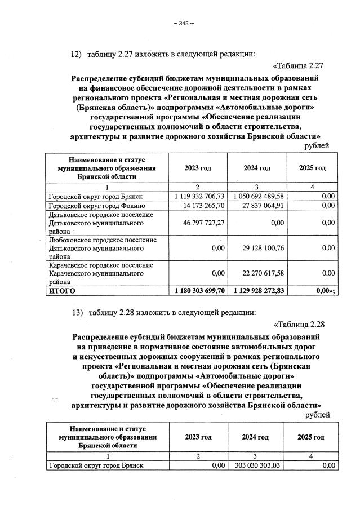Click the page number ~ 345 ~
(184, 23)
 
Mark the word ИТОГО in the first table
(61, 291)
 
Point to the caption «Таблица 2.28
(298, 323)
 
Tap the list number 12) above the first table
(76, 54)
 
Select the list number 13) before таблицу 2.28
(76, 312)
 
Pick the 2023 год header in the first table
(198, 168)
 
